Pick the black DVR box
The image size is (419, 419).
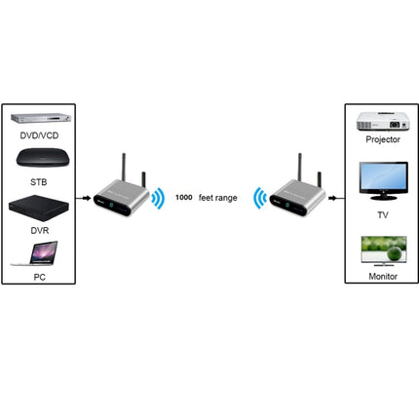tap(39, 207)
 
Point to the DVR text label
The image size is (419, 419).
tap(39, 231)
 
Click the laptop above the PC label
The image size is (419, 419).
tap(39, 255)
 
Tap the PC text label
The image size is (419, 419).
tap(39, 278)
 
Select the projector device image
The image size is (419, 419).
tap(380, 121)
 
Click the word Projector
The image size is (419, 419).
tap(380, 138)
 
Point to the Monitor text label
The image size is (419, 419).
tap(380, 278)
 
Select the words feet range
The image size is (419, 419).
tap(219, 198)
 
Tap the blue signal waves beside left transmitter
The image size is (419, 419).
tap(158, 198)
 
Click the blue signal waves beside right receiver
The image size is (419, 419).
tap(258, 198)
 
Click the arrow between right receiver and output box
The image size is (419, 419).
tap(334, 199)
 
